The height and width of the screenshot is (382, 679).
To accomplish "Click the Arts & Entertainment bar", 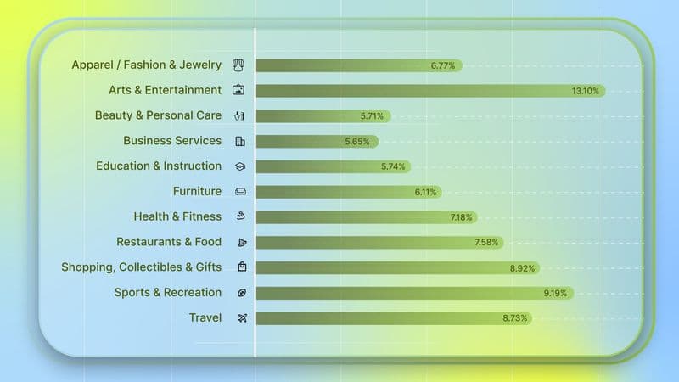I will click(x=429, y=90).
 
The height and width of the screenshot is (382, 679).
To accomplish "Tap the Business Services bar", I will click(x=317, y=141).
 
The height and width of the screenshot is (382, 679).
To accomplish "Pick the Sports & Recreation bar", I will click(x=414, y=293).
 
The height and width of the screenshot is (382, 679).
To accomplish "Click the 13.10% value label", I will click(x=586, y=90).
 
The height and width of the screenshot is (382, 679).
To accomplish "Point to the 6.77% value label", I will click(x=443, y=65).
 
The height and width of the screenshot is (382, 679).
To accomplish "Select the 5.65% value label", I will click(x=357, y=141).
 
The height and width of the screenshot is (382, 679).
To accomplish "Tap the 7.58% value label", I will click(x=488, y=243).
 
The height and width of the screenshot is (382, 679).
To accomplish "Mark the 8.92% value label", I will click(x=523, y=268).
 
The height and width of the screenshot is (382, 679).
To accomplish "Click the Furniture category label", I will click(x=197, y=192).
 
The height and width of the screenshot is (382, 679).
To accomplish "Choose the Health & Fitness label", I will click(x=177, y=217).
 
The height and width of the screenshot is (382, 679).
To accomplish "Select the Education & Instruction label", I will click(x=159, y=166).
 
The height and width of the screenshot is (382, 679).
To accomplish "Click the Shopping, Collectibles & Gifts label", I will click(x=141, y=267).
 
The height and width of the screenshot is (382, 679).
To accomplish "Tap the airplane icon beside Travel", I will click(x=241, y=318).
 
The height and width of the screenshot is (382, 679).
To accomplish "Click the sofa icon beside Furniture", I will click(x=240, y=192).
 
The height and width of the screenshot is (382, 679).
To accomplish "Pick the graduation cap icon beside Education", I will click(x=240, y=166).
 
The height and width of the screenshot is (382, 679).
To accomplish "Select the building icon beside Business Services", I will click(x=240, y=141).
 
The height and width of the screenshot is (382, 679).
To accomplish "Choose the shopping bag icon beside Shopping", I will click(x=242, y=267).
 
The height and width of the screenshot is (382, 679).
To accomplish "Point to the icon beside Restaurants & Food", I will click(x=241, y=243).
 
